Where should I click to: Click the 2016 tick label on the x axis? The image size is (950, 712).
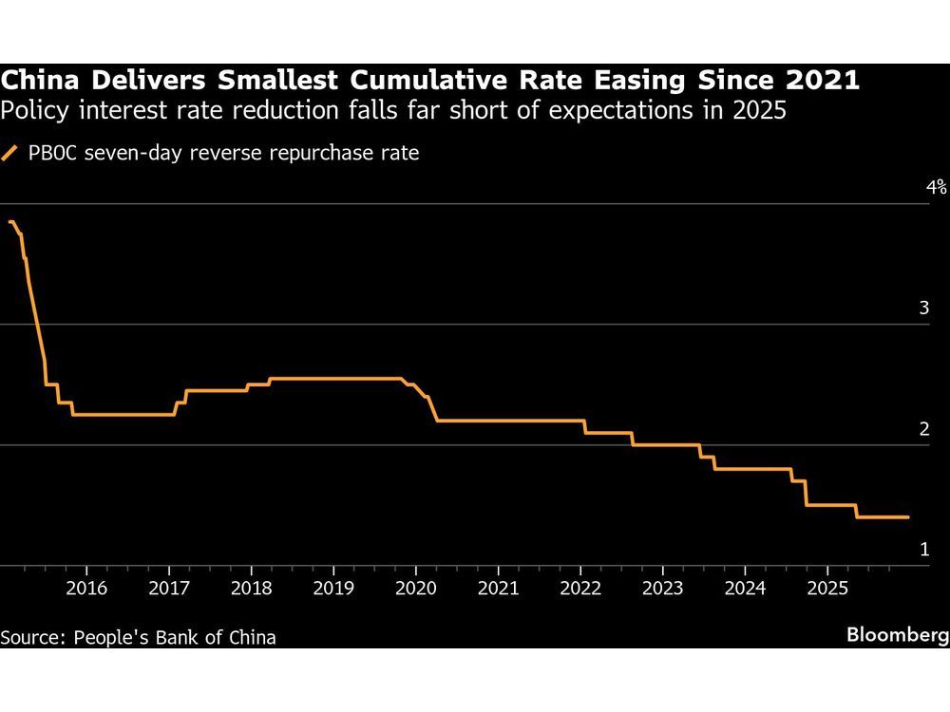click(x=85, y=589)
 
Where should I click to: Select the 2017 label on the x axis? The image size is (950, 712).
click(x=168, y=589)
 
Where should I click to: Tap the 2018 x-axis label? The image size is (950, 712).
click(x=251, y=589)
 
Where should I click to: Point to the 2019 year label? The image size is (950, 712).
click(x=332, y=589)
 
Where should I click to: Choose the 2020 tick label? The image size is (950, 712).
click(x=415, y=589)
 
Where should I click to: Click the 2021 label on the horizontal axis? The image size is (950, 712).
click(x=498, y=589)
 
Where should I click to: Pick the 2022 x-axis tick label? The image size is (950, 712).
click(x=580, y=589)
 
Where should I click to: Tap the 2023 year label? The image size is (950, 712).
click(x=662, y=589)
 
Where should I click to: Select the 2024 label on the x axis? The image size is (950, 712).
click(x=745, y=589)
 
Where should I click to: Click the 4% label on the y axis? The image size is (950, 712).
click(x=936, y=187)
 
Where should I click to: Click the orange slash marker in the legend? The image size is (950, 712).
click(x=10, y=153)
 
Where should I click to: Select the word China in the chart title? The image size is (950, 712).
click(x=35, y=81)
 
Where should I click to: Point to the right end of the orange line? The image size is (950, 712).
click(x=909, y=517)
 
